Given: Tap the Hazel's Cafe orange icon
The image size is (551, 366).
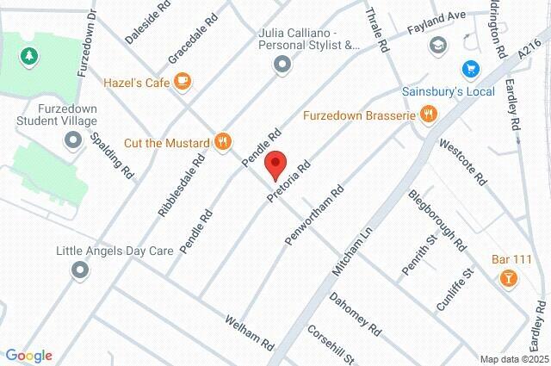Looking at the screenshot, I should click(182, 81).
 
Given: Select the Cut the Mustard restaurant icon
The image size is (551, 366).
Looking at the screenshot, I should click(223, 142).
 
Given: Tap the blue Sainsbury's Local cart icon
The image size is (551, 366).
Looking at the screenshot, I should click(470, 68).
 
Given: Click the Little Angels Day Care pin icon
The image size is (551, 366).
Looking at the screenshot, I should click(81, 271).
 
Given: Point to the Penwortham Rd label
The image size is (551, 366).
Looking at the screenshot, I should click(314, 208).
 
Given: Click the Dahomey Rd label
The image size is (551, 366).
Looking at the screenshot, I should click(355, 313).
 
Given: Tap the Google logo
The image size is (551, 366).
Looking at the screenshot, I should click(28, 356).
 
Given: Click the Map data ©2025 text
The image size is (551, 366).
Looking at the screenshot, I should click(513, 359).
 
